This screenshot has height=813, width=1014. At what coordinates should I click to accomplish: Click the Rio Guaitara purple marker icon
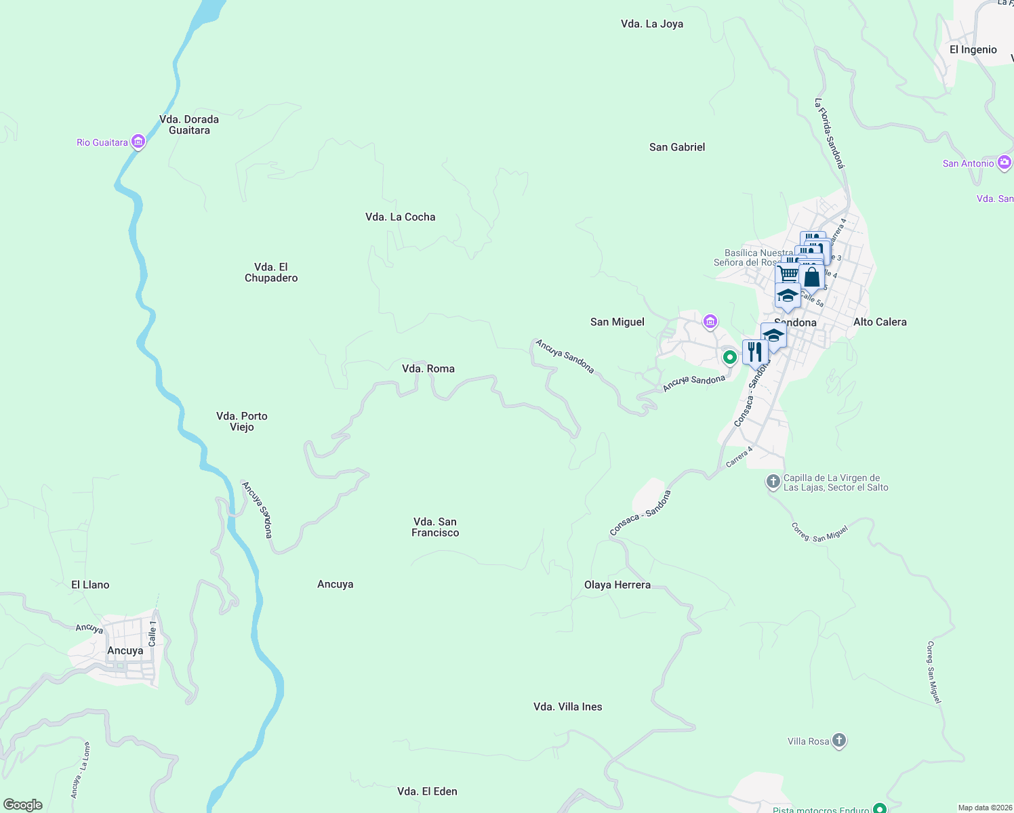tap(138, 142)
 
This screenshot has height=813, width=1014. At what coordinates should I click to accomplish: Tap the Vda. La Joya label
tap(651, 24)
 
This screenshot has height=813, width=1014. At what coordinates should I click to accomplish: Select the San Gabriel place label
tap(676, 147)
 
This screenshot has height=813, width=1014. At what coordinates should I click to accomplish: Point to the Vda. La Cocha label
tap(400, 217)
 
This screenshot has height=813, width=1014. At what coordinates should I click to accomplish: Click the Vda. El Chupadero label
tap(271, 272)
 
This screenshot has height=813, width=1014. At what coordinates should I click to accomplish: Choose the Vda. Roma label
tap(428, 369)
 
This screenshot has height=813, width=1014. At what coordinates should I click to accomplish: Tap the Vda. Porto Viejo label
tap(241, 421)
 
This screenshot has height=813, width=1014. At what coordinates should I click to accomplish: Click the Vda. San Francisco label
tap(435, 527)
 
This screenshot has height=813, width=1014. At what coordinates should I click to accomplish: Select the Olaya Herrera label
tap(617, 585)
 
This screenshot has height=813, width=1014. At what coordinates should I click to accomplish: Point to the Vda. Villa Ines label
tap(567, 707)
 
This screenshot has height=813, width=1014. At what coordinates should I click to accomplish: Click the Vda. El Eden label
tap(427, 791)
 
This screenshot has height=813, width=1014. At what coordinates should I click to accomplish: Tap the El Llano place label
tap(90, 585)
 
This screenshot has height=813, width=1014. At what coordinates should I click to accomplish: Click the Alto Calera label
tap(879, 322)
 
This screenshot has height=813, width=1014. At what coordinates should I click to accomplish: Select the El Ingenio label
tap(973, 49)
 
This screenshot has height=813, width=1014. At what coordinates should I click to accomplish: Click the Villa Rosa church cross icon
tap(839, 741)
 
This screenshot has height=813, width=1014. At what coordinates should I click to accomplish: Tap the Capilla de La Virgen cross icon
tap(773, 482)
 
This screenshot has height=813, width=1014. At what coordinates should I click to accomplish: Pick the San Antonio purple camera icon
tap(1005, 163)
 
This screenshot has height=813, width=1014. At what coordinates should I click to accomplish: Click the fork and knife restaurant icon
tap(754, 352)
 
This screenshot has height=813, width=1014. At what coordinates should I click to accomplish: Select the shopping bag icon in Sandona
tap(811, 276)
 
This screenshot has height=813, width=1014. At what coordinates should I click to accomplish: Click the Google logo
tap(23, 805)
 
